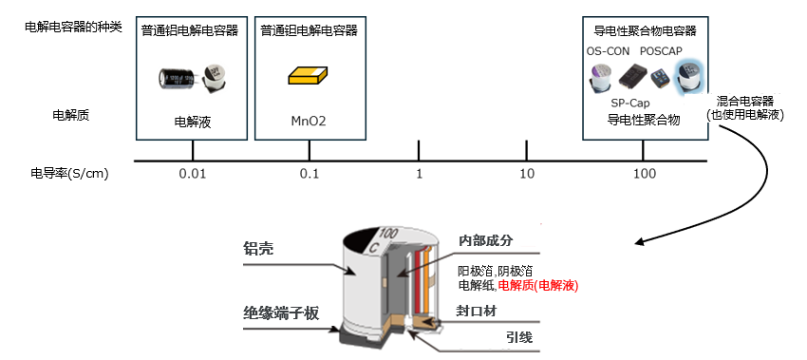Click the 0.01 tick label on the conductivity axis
[x=193, y=174]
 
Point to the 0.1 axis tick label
[x=310, y=174]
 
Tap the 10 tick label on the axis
[x=527, y=174]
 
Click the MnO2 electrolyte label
[x=310, y=122]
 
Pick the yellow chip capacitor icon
[x=309, y=75]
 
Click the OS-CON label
[x=608, y=51]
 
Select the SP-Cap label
[x=629, y=103]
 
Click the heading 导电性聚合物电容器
[x=645, y=30]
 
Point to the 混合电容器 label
[x=745, y=101]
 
